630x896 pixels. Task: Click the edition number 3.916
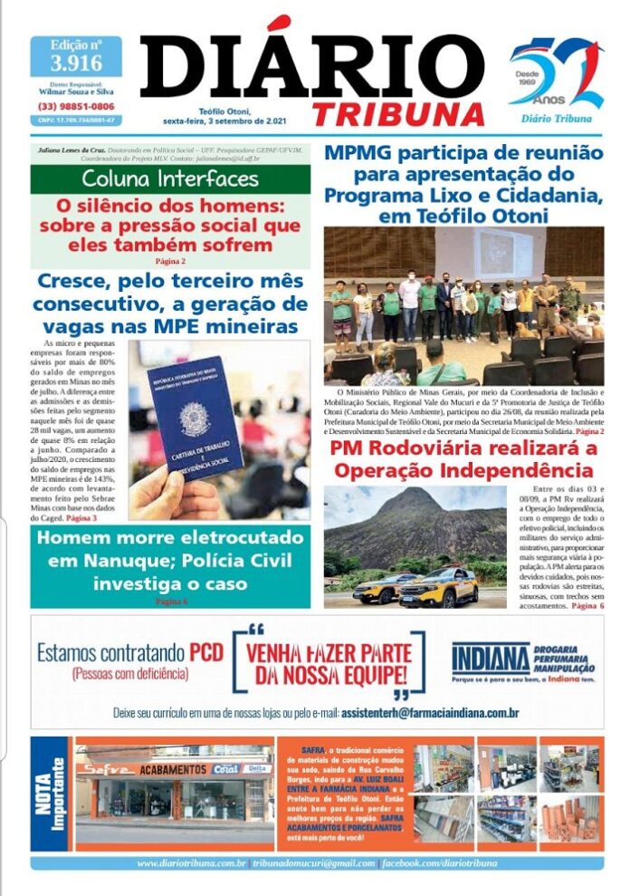pyautogui.click(x=76, y=63)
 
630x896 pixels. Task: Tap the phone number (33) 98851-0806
pyautogui.click(x=76, y=106)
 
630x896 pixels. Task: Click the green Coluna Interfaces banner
pyautogui.click(x=170, y=177)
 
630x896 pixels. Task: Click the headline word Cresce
pyautogui.click(x=76, y=281)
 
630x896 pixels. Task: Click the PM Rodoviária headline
pyautogui.click(x=463, y=460)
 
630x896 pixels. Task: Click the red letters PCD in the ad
pyautogui.click(x=205, y=651)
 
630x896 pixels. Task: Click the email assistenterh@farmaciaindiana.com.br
pyautogui.click(x=431, y=713)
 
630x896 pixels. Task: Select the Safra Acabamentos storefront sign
pyautogui.click(x=172, y=768)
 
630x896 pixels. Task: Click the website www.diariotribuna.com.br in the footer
pyautogui.click(x=191, y=863)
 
